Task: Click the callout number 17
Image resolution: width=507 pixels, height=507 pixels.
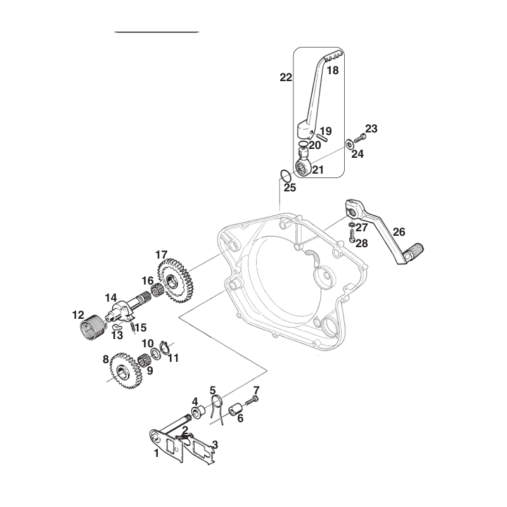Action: coord(162,255)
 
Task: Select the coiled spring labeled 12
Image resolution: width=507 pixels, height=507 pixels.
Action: coord(92,327)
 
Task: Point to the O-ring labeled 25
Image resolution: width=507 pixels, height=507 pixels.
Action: coord(284,176)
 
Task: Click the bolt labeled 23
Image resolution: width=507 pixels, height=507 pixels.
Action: coord(359,138)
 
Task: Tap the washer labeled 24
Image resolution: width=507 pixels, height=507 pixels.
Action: coord(350,143)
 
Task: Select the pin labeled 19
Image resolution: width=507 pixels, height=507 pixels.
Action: coord(322,134)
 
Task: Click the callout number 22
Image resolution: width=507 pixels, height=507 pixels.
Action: coord(286,77)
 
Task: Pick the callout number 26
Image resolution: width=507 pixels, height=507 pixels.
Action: coord(399,232)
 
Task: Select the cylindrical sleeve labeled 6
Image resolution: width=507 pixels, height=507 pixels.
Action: coord(235,409)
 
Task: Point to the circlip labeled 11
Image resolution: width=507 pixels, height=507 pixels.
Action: coord(165,349)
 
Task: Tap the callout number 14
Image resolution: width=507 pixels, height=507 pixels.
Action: coord(110,298)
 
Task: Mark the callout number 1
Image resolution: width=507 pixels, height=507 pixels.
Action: coord(157,453)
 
